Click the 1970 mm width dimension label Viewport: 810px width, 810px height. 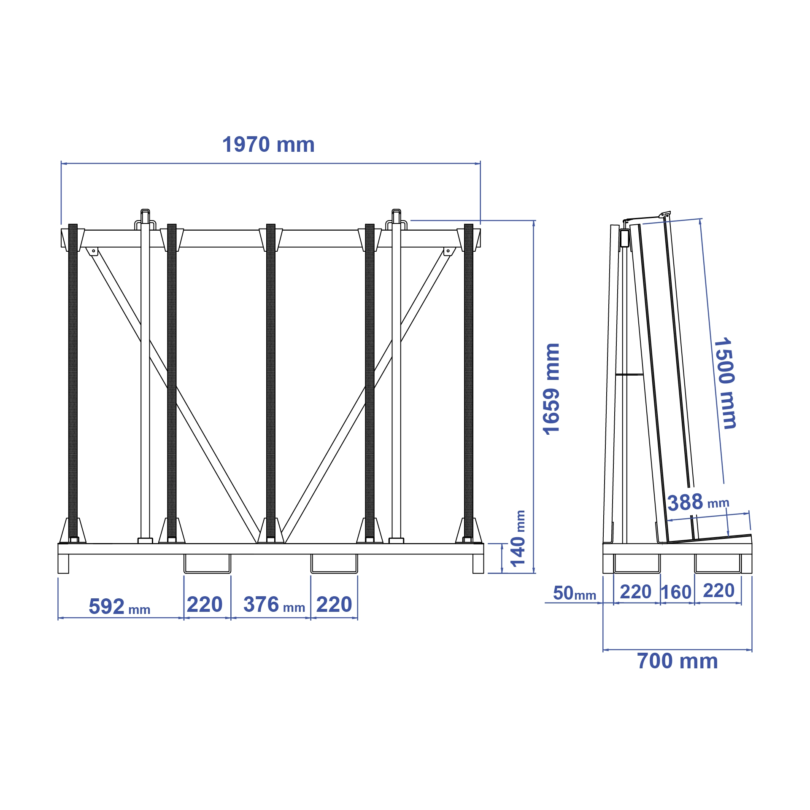[x=268, y=145]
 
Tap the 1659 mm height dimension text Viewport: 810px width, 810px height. [x=551, y=389]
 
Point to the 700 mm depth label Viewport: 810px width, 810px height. [x=677, y=661]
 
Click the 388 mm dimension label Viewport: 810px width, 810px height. [x=698, y=502]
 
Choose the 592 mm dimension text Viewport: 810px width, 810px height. [x=119, y=607]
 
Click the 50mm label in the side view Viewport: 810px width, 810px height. [x=574, y=593]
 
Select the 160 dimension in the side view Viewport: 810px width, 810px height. [x=676, y=592]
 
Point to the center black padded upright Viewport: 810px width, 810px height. [x=271, y=379]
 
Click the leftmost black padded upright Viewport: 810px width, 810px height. [x=73, y=379]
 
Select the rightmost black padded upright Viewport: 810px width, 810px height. [x=469, y=379]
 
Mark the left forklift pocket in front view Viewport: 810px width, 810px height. [x=207, y=563]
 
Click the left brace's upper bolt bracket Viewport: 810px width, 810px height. [x=93, y=251]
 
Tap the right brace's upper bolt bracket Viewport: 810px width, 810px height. [x=448, y=251]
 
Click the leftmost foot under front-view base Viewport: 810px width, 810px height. [x=63, y=563]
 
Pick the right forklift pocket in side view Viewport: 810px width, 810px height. [x=718, y=563]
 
